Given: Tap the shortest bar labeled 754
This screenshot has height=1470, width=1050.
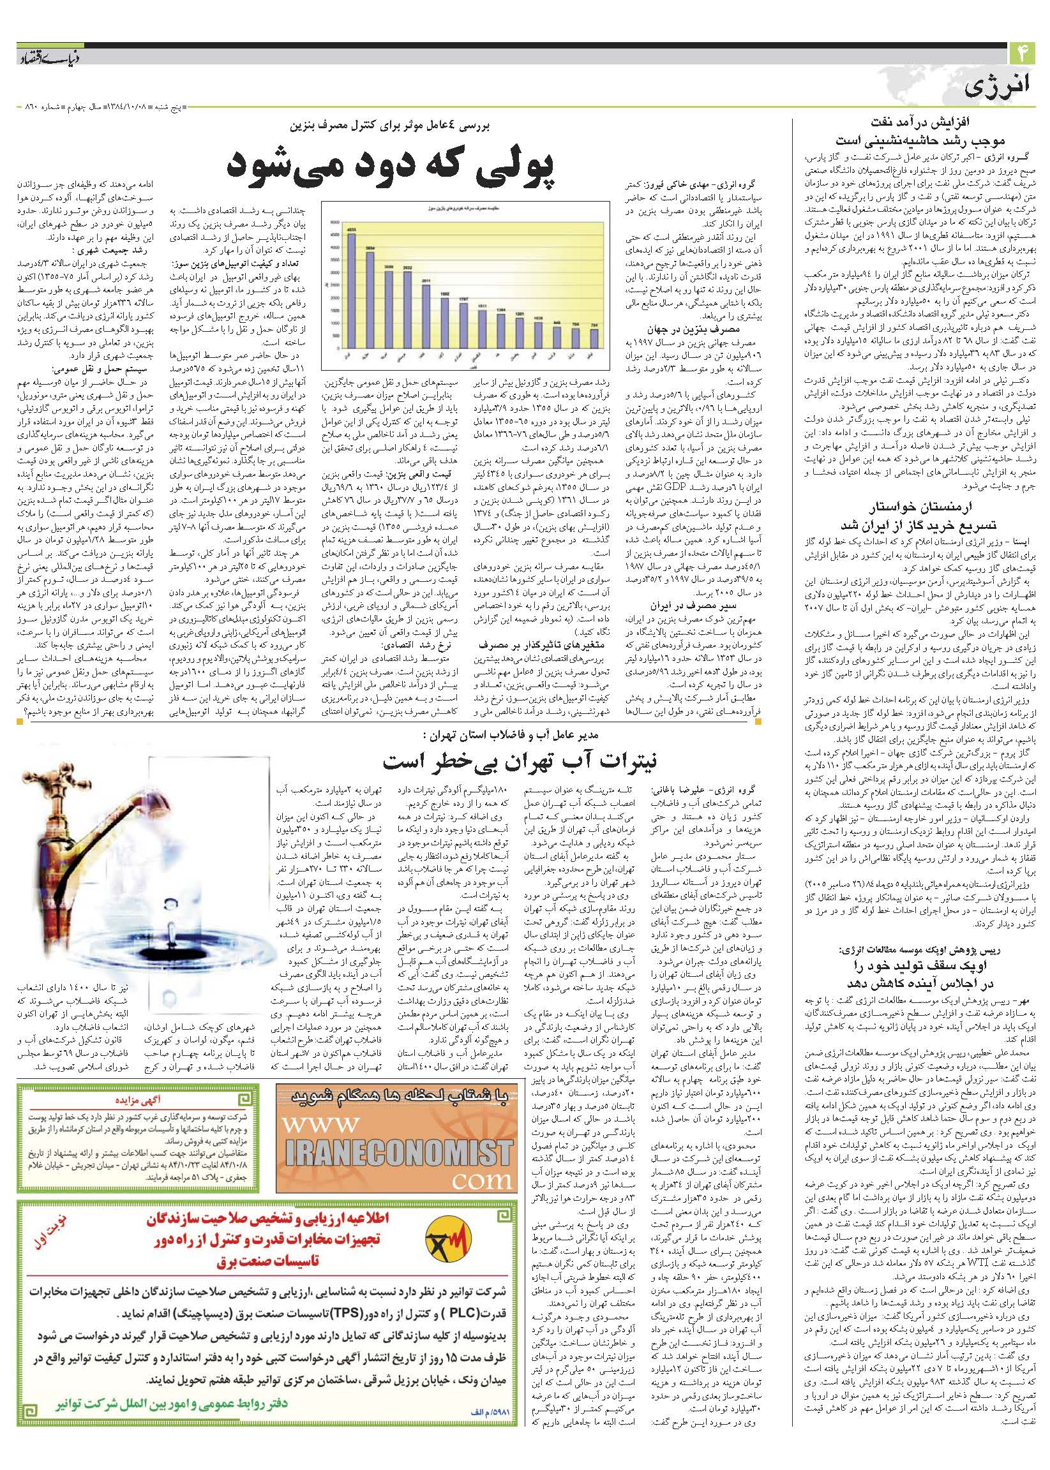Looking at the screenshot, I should point(593,339).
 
